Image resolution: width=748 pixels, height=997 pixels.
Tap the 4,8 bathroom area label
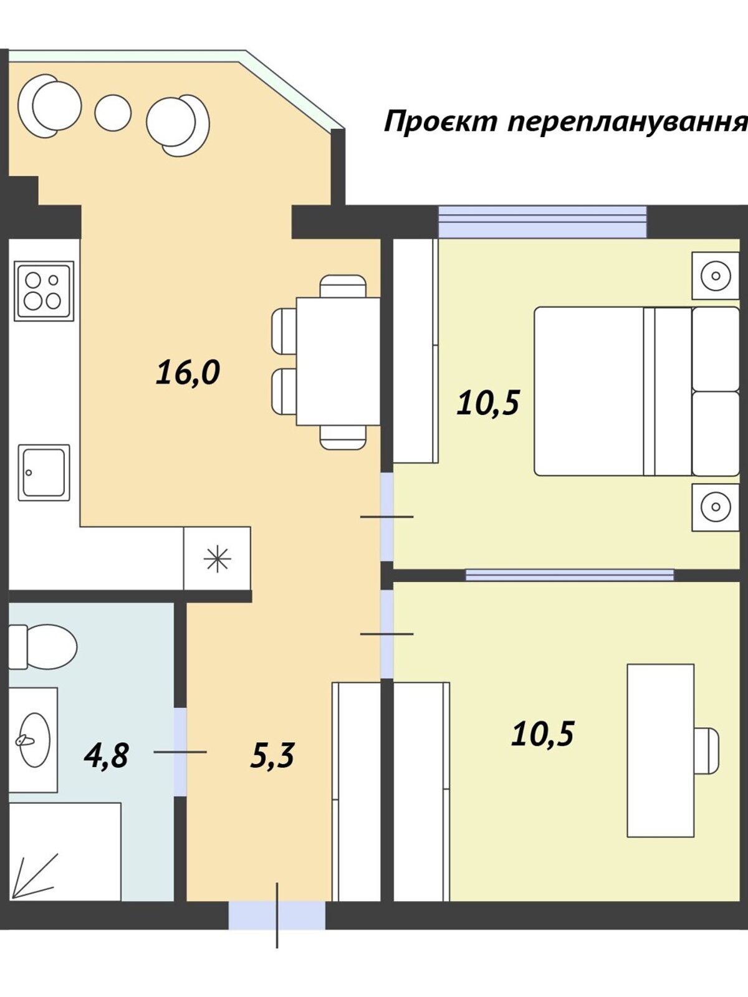pyautogui.click(x=106, y=755)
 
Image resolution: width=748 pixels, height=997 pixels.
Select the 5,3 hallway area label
pyautogui.click(x=272, y=755)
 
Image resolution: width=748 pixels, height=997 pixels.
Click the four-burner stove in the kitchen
pyautogui.click(x=44, y=291)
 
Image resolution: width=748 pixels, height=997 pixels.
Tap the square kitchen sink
pyautogui.click(x=44, y=472)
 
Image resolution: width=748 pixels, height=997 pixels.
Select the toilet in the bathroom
pyautogui.click(x=42, y=646)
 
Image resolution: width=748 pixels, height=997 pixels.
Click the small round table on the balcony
pyautogui.click(x=113, y=113)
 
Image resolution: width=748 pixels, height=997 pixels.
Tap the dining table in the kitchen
pyautogui.click(x=338, y=361)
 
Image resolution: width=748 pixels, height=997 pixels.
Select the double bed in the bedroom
pyautogui.click(x=636, y=391)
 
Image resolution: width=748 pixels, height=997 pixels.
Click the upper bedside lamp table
pyautogui.click(x=716, y=275)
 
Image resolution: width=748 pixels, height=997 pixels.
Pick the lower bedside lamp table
pyautogui.click(x=716, y=507)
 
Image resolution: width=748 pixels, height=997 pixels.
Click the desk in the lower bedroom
pyautogui.click(x=660, y=750)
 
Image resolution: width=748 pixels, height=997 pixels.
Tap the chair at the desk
pyautogui.click(x=707, y=750)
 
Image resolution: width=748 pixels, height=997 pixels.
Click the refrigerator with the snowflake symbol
pyautogui.click(x=217, y=558)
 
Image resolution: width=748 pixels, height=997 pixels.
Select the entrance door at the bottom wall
pyautogui.click(x=277, y=915)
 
